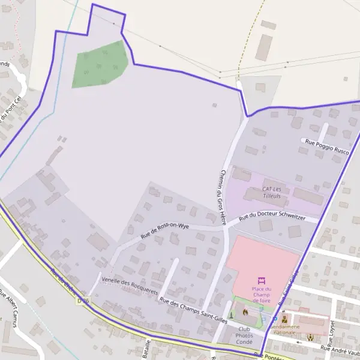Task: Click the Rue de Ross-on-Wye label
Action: tap(165, 231)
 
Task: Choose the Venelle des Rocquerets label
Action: tap(130, 285)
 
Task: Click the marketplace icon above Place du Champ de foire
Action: tap(262, 280)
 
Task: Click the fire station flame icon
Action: tap(245, 312)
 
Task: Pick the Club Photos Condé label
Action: tap(244, 336)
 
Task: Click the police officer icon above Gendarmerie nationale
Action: tap(284, 320)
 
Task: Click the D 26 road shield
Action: tap(83, 300)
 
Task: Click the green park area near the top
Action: tap(100, 65)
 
